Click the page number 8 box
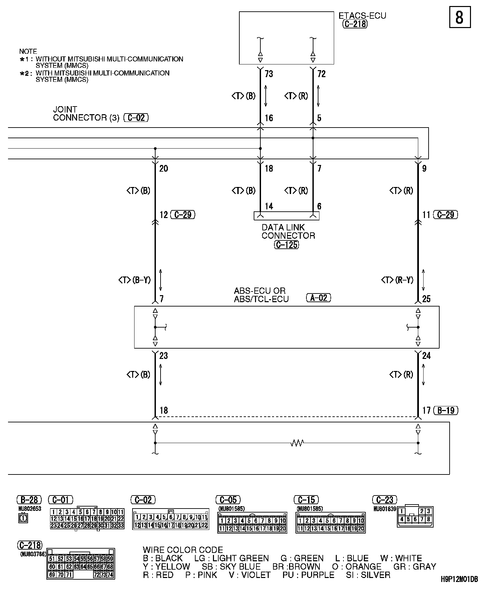pos(460,17)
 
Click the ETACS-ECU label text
pos(362,16)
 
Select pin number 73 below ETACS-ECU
pos(269,74)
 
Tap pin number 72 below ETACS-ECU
pos(321,74)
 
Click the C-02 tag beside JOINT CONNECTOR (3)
pos(136,118)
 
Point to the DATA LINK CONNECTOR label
pos(288,231)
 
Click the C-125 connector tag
pos(286,245)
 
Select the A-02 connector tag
pos(318,298)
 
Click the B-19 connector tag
pos(446,410)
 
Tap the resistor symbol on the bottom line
pos(297,443)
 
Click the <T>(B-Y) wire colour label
pos(135,280)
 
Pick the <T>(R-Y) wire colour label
pos(397,280)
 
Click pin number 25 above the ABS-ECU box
pos(426,299)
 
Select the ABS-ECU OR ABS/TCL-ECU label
pos(261,295)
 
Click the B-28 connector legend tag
pos(29,500)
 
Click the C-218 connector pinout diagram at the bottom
pos(81,563)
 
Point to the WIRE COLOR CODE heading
pos(183,550)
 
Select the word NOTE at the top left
pos(28,51)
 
